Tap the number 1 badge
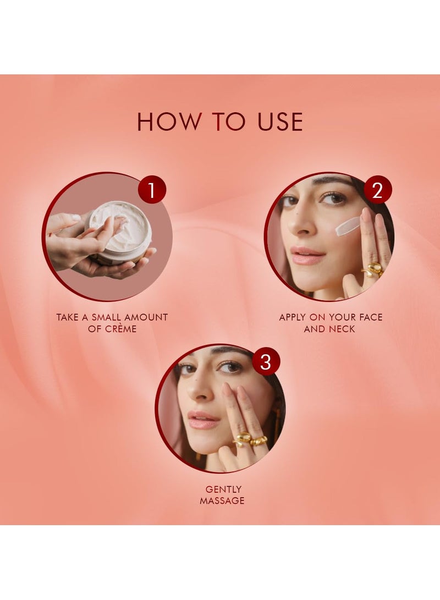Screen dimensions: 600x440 (x=152, y=190)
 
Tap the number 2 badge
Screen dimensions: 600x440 (x=377, y=190)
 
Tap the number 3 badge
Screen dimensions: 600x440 (x=266, y=362)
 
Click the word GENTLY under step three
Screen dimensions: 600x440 (x=223, y=489)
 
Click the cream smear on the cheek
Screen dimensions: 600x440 (x=348, y=226)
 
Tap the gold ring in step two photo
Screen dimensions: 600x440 (x=375, y=269)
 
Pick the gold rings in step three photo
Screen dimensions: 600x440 (x=250, y=440)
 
